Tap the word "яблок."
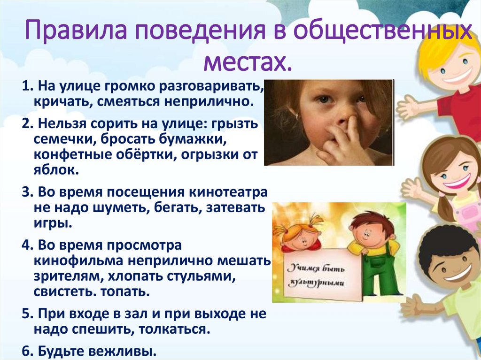pos(56,169)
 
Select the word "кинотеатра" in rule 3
pos(228,192)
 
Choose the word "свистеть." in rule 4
pos(65,291)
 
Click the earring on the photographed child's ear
pos(297,116)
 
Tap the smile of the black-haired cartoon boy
pos(459,272)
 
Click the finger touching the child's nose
pos(352,129)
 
